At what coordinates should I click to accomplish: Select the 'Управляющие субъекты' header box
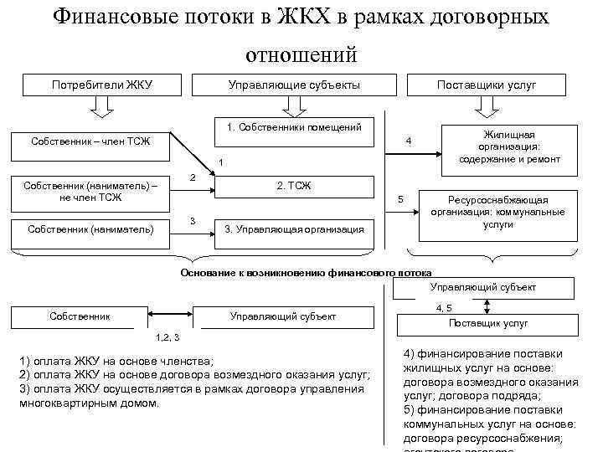click(x=294, y=85)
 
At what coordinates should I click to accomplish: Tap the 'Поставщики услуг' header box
click(x=487, y=85)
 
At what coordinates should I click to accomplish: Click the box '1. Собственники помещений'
click(x=294, y=128)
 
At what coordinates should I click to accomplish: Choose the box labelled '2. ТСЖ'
click(x=294, y=186)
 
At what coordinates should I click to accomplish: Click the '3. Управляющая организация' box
click(x=294, y=229)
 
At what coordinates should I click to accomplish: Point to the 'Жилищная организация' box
click(x=509, y=146)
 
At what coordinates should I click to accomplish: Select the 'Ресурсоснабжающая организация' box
click(x=497, y=213)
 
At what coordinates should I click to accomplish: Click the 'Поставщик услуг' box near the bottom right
click(x=487, y=322)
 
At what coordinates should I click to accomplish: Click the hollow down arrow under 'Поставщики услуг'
click(x=487, y=106)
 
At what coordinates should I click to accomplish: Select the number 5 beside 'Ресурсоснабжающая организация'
click(x=401, y=199)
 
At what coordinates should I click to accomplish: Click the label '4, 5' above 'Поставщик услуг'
click(x=444, y=307)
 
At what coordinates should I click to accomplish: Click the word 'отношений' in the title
click(x=301, y=54)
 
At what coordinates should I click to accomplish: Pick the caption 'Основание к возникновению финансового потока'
click(x=307, y=273)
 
